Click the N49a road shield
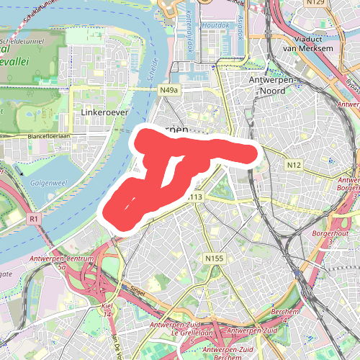click(x=168, y=90)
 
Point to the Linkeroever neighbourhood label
click(x=99, y=114)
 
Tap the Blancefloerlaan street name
click(x=46, y=135)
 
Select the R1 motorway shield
click(x=33, y=217)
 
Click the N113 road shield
click(x=194, y=197)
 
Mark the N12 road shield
click(x=293, y=166)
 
